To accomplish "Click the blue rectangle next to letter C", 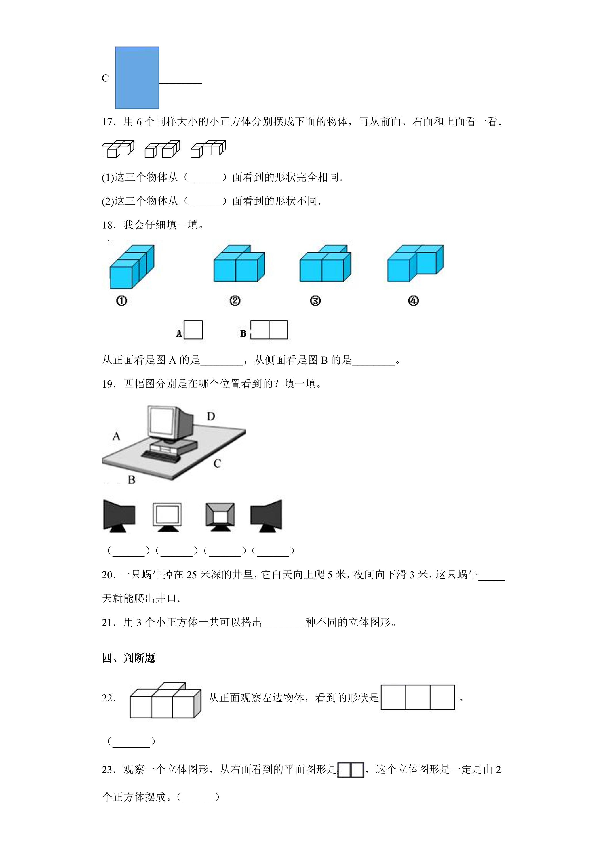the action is (137, 78).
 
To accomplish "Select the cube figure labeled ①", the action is (132, 267).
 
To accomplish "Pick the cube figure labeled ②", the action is (239, 264).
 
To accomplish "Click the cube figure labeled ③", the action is (325, 264).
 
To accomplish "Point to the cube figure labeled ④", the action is (416, 264).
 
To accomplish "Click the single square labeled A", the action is (194, 330).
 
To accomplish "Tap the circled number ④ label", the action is (413, 301).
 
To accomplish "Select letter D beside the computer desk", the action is (211, 416).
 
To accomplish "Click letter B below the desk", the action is (132, 480).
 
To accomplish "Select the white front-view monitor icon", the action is (167, 517).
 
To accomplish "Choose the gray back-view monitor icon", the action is (220, 517).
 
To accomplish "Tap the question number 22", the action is (109, 698).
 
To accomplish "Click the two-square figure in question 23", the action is (351, 770).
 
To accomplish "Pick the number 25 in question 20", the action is (191, 574).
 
